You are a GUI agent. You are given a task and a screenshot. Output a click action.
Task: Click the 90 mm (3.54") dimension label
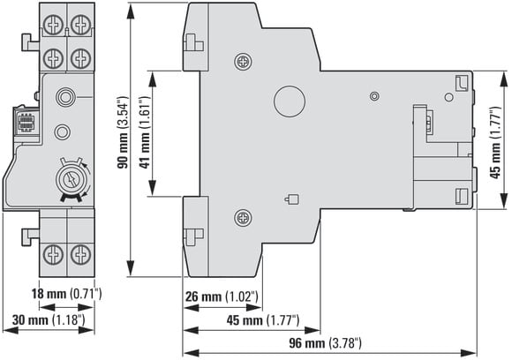[x=123, y=132]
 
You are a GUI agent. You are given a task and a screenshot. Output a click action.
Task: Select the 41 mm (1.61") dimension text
[x=145, y=132]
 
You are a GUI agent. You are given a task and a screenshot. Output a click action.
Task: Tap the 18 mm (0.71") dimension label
[x=66, y=294]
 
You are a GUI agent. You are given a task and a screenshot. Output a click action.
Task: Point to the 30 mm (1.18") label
[x=49, y=320]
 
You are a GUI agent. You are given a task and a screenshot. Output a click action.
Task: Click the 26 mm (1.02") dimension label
[x=222, y=296]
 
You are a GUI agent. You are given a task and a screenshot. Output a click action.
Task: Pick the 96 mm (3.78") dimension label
[x=325, y=343]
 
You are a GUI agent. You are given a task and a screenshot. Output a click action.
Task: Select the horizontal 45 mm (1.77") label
[x=263, y=320]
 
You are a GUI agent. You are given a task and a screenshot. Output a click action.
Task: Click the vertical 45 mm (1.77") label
[x=495, y=142]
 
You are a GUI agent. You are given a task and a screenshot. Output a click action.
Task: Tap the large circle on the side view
[x=290, y=101]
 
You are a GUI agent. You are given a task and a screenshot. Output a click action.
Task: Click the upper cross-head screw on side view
[x=244, y=62]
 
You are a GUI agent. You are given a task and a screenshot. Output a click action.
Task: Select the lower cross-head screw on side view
[x=244, y=217]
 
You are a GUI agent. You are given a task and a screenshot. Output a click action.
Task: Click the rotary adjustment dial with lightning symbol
[x=71, y=180]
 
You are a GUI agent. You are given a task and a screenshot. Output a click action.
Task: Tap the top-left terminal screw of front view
[x=53, y=26]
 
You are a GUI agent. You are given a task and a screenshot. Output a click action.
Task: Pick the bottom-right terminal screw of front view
[x=80, y=255]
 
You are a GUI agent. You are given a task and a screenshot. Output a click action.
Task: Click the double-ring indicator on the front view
[x=65, y=97]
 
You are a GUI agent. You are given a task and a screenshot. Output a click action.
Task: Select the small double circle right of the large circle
[x=374, y=96]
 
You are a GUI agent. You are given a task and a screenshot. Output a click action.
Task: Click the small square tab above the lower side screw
[x=291, y=199]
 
